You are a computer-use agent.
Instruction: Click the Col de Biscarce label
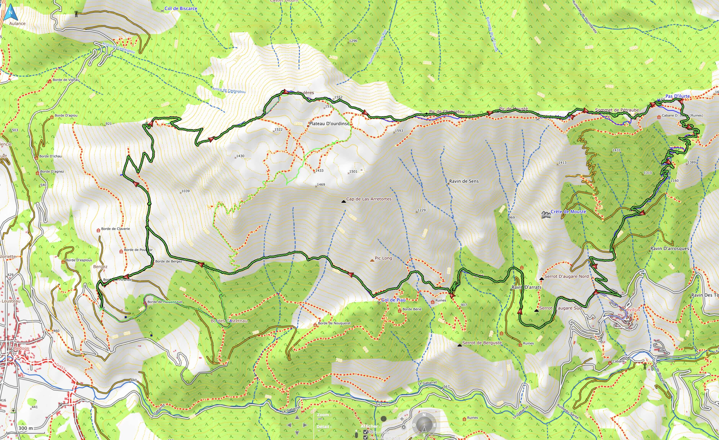(181, 8)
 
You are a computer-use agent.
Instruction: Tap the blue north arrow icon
(11, 13)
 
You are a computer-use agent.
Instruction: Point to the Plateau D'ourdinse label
(329, 124)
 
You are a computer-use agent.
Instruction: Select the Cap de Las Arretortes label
(368, 199)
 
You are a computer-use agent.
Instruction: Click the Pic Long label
(383, 258)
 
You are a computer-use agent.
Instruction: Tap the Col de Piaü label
(393, 300)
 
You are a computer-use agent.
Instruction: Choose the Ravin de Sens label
(464, 181)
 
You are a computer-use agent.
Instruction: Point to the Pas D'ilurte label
(677, 96)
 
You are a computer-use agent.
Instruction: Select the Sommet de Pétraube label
(617, 110)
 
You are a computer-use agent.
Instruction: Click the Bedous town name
(21, 348)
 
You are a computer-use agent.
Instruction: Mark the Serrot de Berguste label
(482, 343)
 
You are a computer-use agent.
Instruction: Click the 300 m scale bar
(26, 429)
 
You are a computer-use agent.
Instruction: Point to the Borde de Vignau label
(66, 80)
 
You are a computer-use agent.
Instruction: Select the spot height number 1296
(353, 41)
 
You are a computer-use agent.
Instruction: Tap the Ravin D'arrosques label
(669, 249)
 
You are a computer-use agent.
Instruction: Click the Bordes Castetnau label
(229, 321)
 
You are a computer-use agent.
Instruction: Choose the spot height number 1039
(185, 191)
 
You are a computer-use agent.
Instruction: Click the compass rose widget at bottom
(424, 425)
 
